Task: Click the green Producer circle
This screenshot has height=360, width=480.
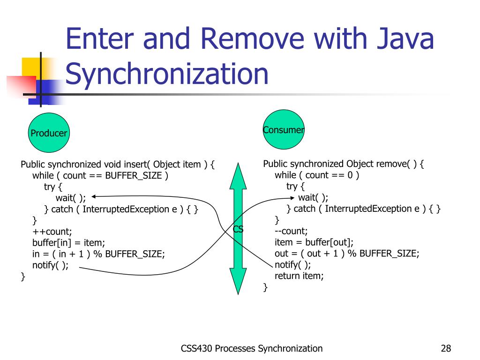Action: pos(49,133)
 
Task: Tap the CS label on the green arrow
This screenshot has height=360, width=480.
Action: pos(238,229)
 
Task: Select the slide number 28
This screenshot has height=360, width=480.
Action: pos(446,348)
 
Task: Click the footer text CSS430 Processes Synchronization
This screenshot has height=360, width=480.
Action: pos(252,348)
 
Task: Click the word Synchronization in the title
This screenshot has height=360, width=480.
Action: pos(167,74)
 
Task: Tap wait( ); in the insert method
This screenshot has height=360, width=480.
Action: pos(71,198)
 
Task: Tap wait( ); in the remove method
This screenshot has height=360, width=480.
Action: pos(313,197)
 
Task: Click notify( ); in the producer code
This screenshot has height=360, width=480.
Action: pos(50,265)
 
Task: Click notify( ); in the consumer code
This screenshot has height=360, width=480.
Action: pos(292,265)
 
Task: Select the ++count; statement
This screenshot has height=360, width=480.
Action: pos(52,232)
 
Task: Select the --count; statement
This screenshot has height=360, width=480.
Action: pos(291,231)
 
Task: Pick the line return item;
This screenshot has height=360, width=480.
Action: pos(299,276)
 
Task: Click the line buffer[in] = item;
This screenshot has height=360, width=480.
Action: pos(68,243)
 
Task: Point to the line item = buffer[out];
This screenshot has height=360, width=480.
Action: pos(314,242)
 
